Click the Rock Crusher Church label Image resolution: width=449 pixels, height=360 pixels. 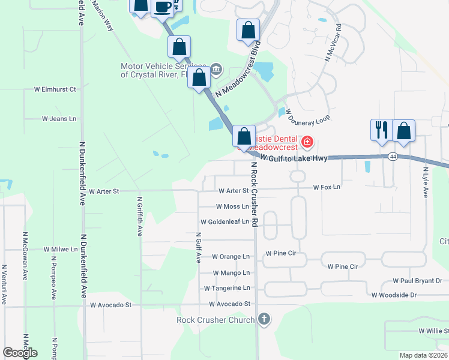215,319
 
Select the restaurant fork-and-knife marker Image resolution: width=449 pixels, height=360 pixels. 382,130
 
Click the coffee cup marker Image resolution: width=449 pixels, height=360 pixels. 162,7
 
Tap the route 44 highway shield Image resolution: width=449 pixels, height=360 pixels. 393,156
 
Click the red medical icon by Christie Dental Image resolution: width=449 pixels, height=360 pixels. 307,142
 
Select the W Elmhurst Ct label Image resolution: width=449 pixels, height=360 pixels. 56,89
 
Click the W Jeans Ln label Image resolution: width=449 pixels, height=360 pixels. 59,119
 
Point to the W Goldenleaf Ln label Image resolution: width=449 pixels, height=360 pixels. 224,221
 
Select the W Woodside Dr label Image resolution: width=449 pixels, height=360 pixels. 394,295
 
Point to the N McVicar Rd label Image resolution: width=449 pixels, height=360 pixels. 333,43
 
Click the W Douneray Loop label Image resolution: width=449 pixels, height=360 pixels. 308,116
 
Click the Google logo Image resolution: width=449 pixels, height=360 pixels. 20,353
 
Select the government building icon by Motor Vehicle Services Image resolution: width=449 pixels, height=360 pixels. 216,69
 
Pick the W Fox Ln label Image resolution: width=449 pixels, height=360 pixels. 327,187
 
